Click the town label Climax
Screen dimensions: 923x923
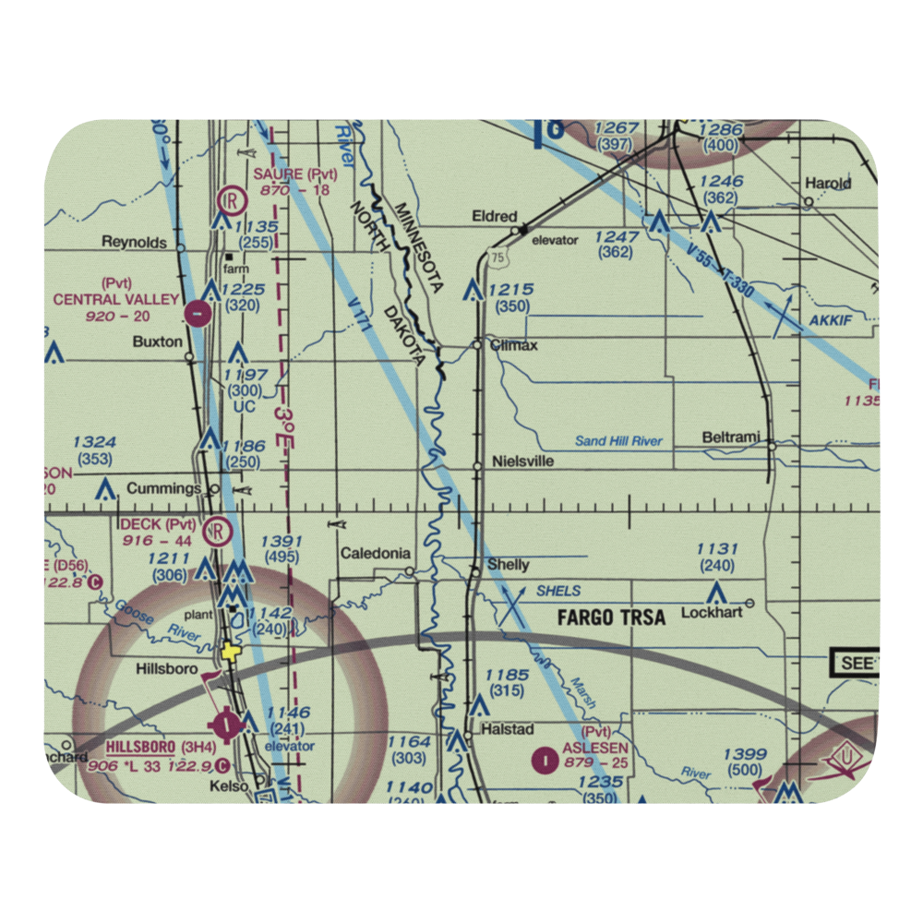[x=513, y=345]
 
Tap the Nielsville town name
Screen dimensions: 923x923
[x=522, y=461]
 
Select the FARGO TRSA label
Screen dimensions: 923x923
[x=611, y=617]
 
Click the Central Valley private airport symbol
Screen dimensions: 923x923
[x=198, y=314]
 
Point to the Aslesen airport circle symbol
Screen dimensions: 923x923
[x=546, y=761]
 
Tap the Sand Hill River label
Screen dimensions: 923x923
[x=618, y=441]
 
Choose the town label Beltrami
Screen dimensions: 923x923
[x=731, y=437]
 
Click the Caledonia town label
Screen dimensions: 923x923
[x=376, y=554]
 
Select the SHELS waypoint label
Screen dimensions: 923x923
[x=558, y=591]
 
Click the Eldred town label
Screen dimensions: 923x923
[x=495, y=216]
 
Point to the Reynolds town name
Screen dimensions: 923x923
[x=135, y=242]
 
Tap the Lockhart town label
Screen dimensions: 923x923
[x=712, y=612]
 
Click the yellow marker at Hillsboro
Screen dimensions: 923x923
[x=228, y=653]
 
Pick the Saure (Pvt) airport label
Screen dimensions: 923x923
[x=295, y=174]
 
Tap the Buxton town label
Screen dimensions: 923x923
[x=158, y=341]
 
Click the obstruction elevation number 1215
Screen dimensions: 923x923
[x=512, y=290]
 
